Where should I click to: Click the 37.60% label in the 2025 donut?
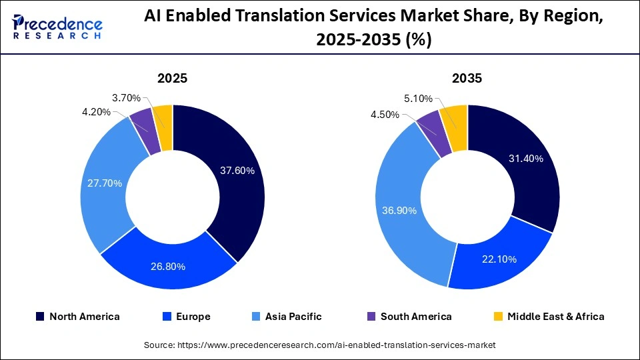(237, 171)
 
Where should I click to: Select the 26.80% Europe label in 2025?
(168, 267)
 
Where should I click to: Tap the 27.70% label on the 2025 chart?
(105, 183)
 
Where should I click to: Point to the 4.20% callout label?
(97, 112)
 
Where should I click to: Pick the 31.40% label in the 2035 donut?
(526, 159)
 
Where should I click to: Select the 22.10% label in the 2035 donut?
(499, 259)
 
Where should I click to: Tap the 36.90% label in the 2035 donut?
(399, 211)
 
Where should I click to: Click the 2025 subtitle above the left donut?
(172, 78)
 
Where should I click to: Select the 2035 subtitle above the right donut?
(467, 78)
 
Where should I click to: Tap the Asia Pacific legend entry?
(289, 317)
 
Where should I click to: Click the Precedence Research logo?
(57, 28)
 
